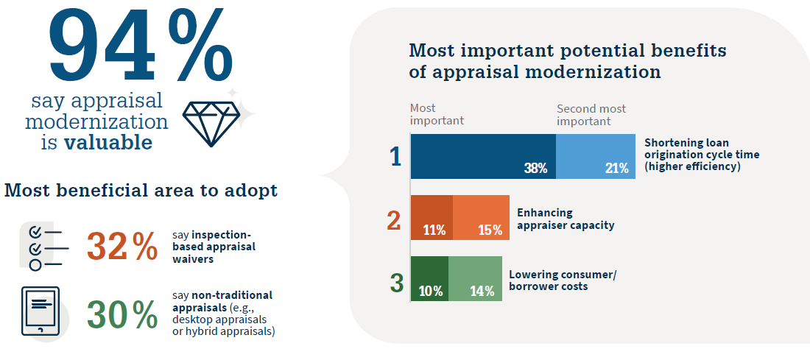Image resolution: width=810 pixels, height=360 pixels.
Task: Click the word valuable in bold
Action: tap(108, 142)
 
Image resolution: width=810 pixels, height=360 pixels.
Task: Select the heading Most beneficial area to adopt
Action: tap(141, 191)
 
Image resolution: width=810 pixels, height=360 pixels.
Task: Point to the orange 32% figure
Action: tap(122, 247)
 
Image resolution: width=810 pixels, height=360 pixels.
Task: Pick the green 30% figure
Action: tap(122, 314)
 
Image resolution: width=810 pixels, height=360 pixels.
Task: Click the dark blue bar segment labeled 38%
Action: tap(483, 156)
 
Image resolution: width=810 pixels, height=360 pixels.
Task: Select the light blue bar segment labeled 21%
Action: tap(596, 156)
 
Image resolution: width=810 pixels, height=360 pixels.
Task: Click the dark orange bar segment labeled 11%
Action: tap(432, 218)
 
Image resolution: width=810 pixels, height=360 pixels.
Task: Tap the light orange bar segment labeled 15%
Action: tap(481, 218)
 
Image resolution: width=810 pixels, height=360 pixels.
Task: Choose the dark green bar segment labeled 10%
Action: tap(429, 279)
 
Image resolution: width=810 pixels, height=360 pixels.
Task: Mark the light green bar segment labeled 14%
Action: tap(475, 279)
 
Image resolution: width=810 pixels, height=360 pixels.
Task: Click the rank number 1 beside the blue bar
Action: tap(395, 157)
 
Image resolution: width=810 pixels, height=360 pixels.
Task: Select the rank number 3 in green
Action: tap(396, 282)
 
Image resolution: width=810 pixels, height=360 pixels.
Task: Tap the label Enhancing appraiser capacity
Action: tap(566, 219)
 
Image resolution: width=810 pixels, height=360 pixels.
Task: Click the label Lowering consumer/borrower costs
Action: tap(563, 280)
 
